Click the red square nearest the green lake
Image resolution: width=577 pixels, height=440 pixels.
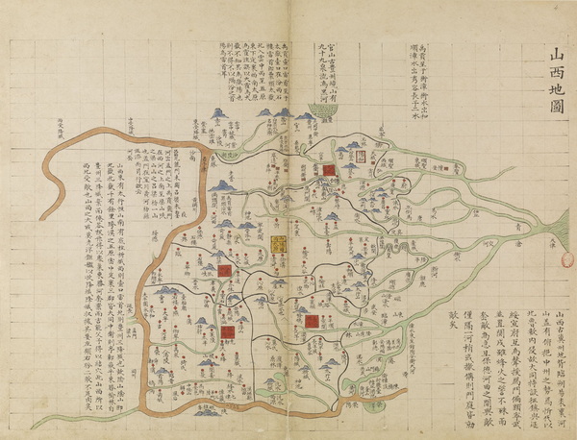pyautogui.click(x=328, y=170)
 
